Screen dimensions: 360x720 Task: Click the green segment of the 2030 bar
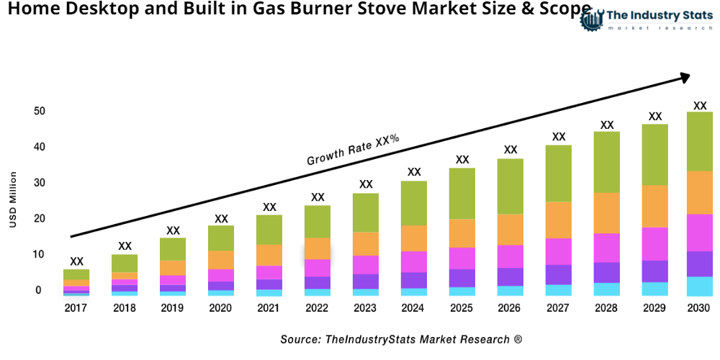tap(699, 141)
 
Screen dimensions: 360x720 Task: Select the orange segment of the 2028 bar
tap(607, 213)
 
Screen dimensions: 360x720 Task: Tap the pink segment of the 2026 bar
tap(510, 256)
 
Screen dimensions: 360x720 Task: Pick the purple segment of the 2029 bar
tap(654, 271)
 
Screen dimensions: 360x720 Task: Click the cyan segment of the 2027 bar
tap(559, 290)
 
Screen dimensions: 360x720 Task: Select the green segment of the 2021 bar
tap(269, 230)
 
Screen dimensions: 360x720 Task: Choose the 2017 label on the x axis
tap(76, 308)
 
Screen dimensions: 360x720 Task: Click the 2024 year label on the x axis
tap(414, 308)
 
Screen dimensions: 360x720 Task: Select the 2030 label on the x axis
tap(698, 308)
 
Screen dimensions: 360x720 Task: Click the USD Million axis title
tap(13, 200)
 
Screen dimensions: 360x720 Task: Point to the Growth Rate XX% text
tap(353, 150)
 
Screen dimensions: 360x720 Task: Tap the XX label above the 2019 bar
tap(173, 230)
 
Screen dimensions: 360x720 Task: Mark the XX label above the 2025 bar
tap(462, 160)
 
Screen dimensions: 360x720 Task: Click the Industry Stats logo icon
tap(591, 19)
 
